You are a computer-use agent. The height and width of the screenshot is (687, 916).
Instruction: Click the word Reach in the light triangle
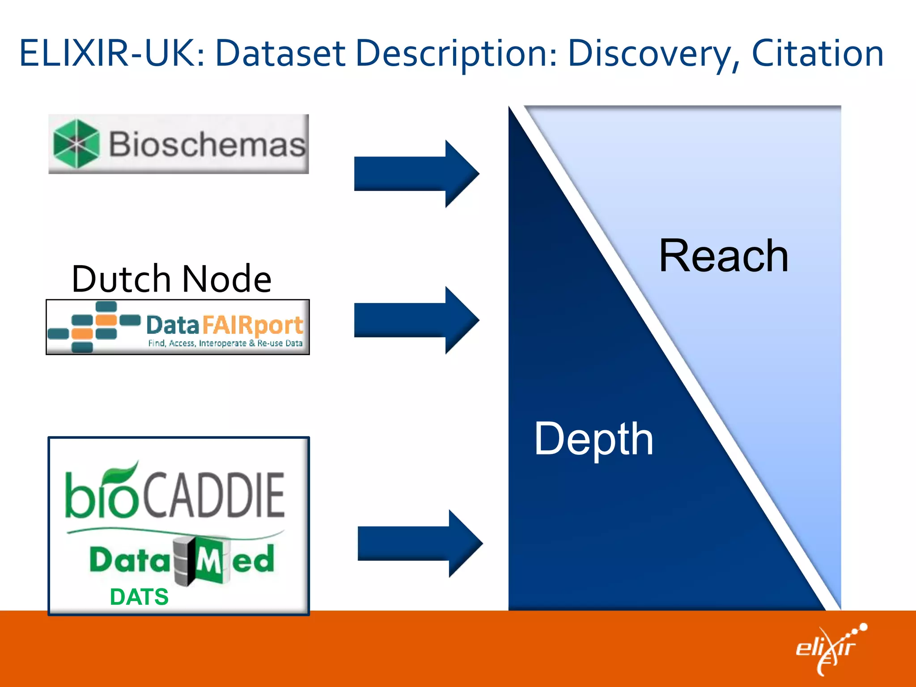point(723,256)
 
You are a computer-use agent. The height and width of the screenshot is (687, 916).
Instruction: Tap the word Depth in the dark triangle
point(594,440)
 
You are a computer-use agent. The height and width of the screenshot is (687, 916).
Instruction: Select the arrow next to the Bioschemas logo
point(416,174)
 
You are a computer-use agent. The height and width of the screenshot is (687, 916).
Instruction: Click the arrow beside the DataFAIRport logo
point(416,320)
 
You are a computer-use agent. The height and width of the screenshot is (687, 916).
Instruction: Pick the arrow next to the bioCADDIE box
point(420,543)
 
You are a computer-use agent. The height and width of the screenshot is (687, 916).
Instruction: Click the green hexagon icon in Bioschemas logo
point(76,144)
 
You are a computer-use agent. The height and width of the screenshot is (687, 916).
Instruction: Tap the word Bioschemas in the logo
point(207,144)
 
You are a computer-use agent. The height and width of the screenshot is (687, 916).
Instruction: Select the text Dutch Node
point(171,279)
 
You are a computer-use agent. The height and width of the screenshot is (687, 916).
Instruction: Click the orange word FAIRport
point(253,325)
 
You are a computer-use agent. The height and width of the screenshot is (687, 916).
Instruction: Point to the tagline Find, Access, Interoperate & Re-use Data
point(225,343)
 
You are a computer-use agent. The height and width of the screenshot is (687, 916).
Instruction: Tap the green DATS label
point(139,597)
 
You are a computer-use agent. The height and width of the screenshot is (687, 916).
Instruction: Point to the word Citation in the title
point(817,54)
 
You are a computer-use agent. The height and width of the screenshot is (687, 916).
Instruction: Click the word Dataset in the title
point(280,54)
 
